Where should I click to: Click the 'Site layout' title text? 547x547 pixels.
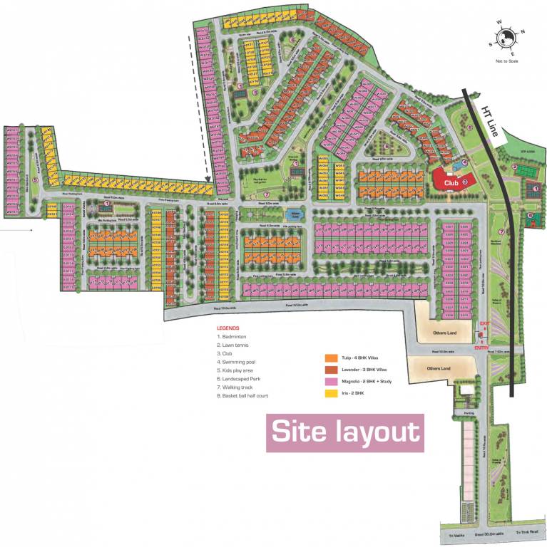345,432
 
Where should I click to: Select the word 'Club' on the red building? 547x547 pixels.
450,182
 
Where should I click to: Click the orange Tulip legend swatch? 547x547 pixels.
330,358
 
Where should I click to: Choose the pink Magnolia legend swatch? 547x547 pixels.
330,382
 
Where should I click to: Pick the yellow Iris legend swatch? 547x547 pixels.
330,393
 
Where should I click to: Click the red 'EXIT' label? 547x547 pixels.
485,325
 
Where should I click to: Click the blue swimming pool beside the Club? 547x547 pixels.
451,168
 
